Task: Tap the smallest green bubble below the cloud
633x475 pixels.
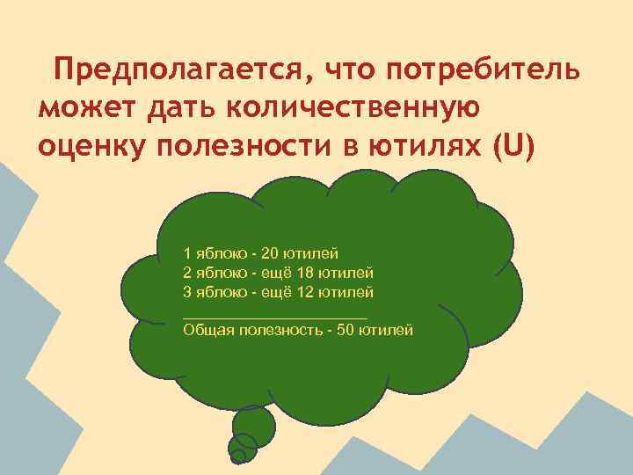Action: (237, 456)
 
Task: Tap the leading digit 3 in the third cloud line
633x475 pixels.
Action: (187, 290)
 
